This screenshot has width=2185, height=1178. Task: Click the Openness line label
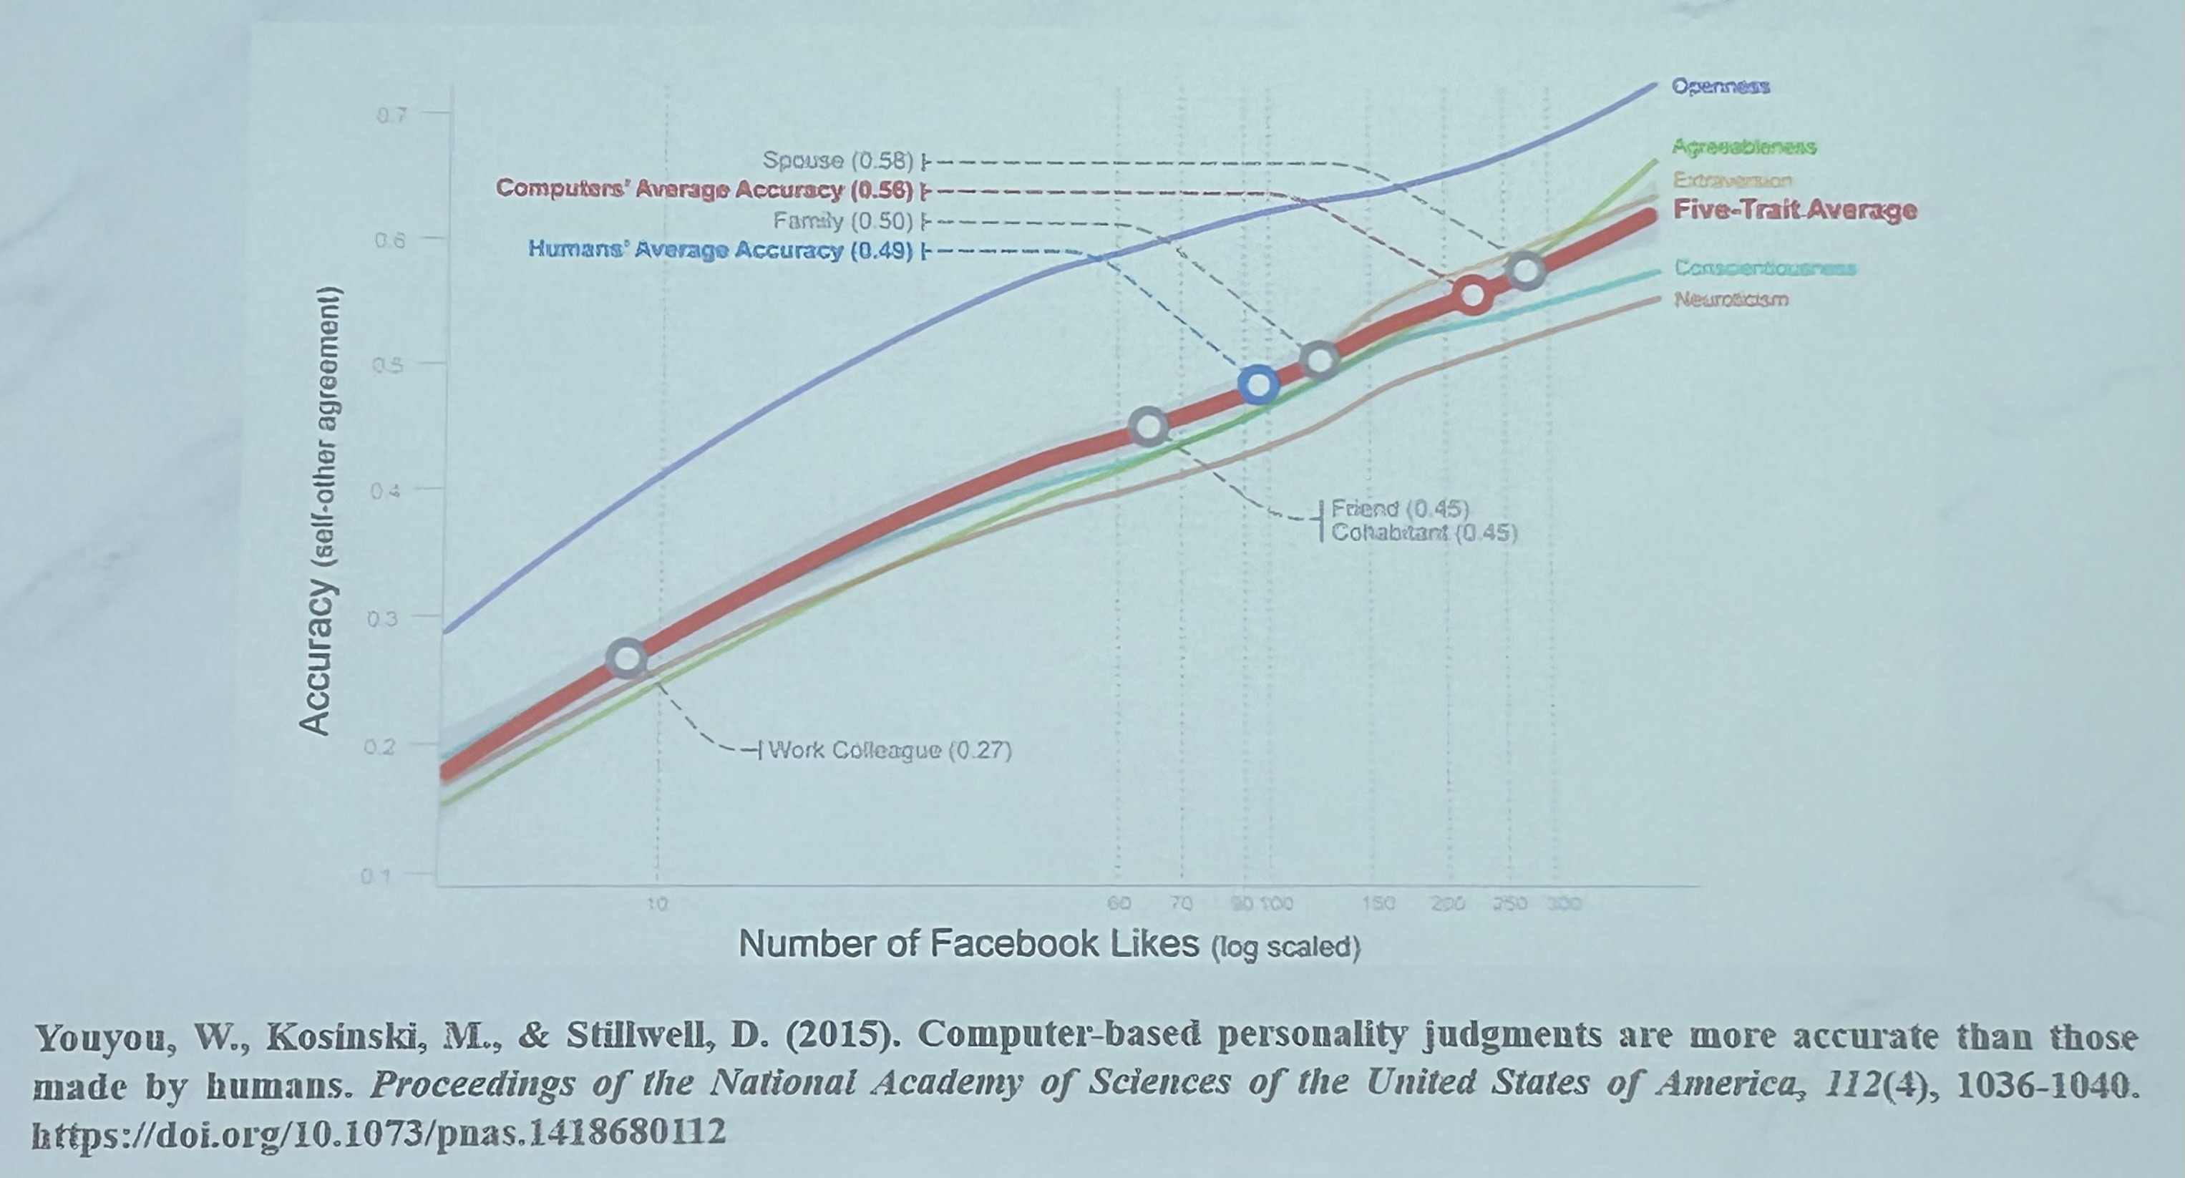coord(1721,87)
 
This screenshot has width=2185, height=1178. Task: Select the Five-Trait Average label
coord(1794,210)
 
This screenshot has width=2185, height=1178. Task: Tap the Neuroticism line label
coord(1731,299)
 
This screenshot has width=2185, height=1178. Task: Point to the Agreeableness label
coord(1743,147)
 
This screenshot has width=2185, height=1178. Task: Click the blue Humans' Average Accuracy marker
coord(1259,385)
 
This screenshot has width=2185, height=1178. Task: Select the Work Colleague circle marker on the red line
coord(628,658)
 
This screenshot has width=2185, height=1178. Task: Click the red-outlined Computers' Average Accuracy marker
coord(1474,294)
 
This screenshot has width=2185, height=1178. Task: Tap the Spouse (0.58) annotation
coord(837,160)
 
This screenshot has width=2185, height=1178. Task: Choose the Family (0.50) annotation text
coord(842,221)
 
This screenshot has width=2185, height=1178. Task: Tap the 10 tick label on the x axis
coord(658,905)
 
